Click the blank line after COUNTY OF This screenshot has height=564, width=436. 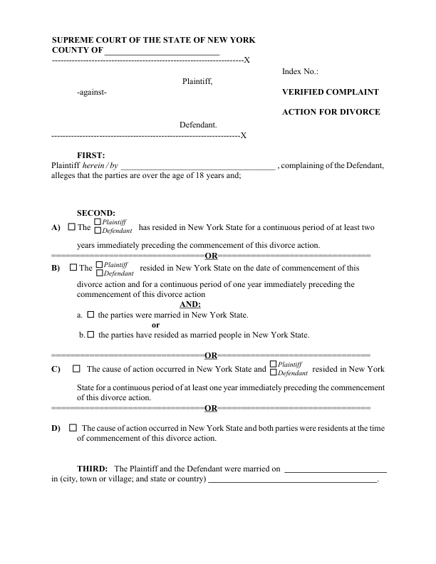click(162, 52)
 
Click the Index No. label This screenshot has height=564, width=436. click(300, 72)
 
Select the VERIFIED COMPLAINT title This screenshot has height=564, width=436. click(331, 93)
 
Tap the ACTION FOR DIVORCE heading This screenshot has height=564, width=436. click(331, 112)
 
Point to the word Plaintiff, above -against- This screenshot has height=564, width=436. click(197, 82)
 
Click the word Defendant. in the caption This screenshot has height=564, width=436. click(198, 125)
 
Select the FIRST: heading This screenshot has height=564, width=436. click(90, 155)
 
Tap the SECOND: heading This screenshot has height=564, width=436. click(95, 212)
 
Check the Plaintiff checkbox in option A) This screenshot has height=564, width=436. click(98, 223)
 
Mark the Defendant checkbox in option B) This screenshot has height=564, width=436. click(99, 273)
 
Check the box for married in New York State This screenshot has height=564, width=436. click(90, 314)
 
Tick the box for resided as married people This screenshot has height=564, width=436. click(90, 334)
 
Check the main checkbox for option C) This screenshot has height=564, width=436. click(75, 369)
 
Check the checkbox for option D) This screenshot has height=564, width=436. click(73, 428)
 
